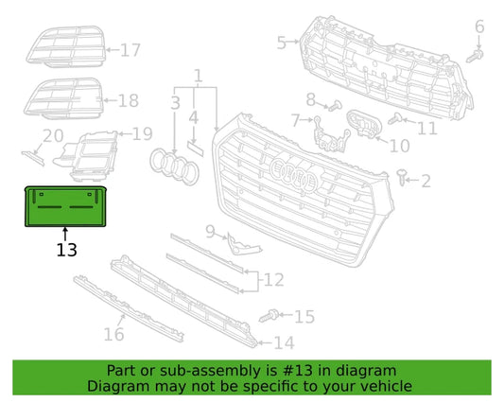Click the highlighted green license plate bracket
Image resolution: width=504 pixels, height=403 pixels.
[x=65, y=207]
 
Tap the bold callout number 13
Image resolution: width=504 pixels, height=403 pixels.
[x=66, y=251]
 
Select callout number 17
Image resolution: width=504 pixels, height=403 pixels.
[x=130, y=49]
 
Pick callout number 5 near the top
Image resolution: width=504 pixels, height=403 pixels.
[x=281, y=42]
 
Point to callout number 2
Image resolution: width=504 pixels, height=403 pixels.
[x=426, y=181]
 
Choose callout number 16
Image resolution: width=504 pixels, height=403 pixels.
[x=113, y=333]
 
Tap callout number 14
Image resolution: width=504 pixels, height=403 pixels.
[x=285, y=342]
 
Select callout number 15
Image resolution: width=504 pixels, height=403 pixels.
[x=304, y=316]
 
